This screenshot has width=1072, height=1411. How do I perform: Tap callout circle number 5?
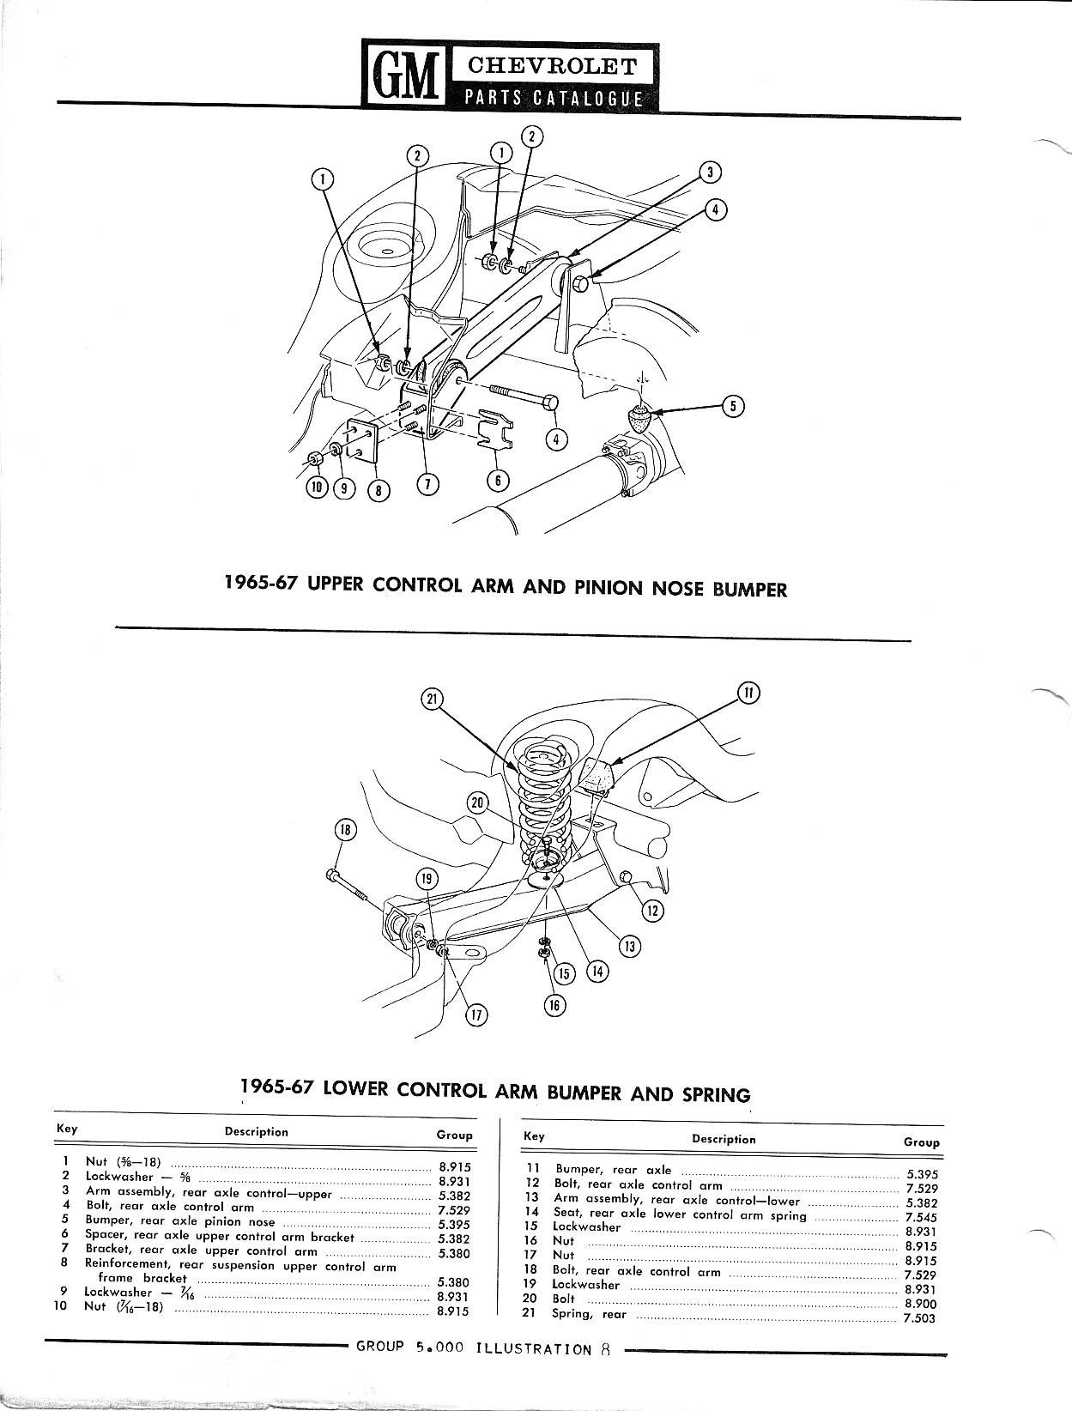[732, 406]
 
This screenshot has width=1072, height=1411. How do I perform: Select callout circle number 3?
[709, 172]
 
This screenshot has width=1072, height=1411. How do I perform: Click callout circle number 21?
[432, 699]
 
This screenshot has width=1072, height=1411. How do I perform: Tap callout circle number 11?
[748, 693]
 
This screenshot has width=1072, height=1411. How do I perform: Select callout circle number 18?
[344, 830]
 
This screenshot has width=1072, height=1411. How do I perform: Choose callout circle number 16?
[556, 1005]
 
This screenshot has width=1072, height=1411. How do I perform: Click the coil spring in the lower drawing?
[541, 794]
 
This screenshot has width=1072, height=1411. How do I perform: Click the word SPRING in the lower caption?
[716, 1094]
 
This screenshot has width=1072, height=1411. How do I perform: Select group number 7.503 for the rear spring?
[919, 1318]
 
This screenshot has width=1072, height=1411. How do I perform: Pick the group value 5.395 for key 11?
[922, 1173]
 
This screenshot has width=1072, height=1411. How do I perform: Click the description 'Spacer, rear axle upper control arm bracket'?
[220, 1237]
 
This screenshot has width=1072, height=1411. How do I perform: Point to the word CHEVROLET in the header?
[551, 66]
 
